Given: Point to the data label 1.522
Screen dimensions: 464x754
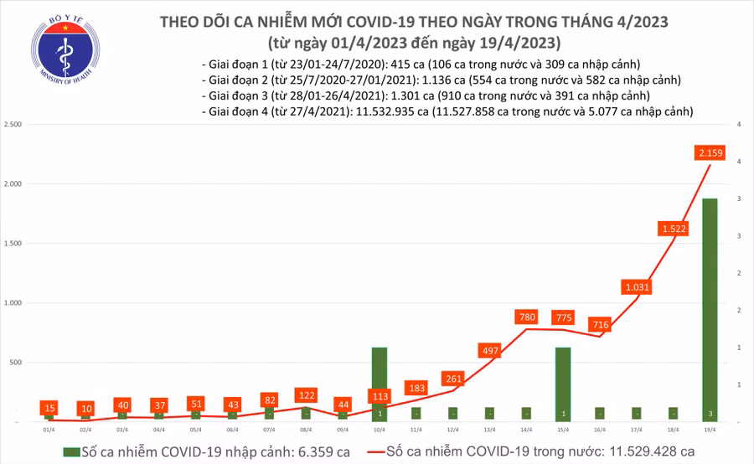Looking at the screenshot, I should tap(673, 228).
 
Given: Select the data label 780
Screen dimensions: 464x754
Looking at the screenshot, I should tap(526, 317).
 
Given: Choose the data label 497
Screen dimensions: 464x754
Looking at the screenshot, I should tap(489, 350).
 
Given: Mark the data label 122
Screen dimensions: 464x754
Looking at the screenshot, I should tap(306, 394).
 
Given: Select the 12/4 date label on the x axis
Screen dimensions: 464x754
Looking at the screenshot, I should tap(453, 429).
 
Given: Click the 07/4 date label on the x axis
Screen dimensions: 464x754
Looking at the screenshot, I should tap(269, 429).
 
